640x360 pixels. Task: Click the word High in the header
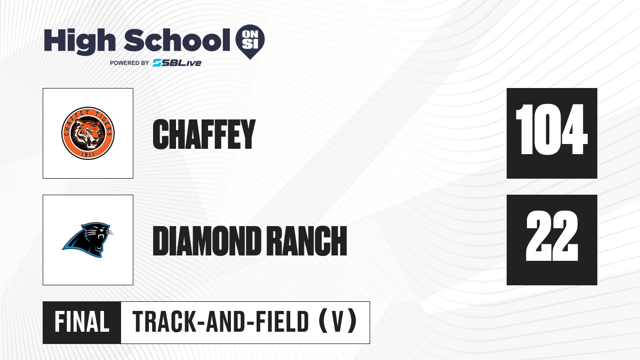(x=79, y=42)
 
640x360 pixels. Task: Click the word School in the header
(x=177, y=40)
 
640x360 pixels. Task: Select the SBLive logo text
(x=177, y=63)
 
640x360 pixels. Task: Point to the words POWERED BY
(x=130, y=63)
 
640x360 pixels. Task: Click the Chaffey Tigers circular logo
(x=88, y=133)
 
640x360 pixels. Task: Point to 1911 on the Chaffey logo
(x=87, y=154)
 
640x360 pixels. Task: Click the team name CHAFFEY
(x=204, y=134)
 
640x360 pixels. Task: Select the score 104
(x=551, y=130)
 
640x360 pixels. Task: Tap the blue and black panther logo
(x=87, y=239)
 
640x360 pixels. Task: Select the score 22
(x=552, y=236)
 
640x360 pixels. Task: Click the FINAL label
(x=82, y=322)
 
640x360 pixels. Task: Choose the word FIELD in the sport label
(x=282, y=322)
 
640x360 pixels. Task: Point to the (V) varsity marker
(x=338, y=322)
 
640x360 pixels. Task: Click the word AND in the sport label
(x=226, y=322)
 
